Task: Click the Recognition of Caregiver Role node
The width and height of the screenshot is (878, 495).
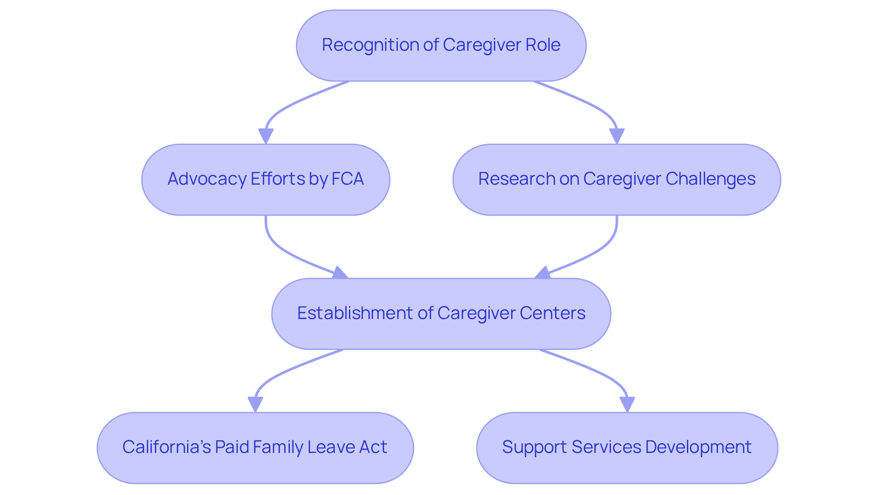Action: pyautogui.click(x=441, y=45)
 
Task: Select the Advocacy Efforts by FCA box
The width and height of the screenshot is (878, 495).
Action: pyautogui.click(x=265, y=179)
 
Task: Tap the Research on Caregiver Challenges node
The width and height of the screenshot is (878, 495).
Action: pyautogui.click(x=616, y=179)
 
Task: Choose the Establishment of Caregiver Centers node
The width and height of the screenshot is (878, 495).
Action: pyautogui.click(x=441, y=314)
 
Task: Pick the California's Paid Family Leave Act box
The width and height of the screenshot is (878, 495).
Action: pyautogui.click(x=255, y=447)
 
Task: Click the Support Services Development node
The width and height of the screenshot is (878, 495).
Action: pyautogui.click(x=626, y=447)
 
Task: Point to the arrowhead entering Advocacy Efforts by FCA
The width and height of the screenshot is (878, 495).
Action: pyautogui.click(x=266, y=136)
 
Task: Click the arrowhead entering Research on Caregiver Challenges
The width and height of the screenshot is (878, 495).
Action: pyautogui.click(x=617, y=136)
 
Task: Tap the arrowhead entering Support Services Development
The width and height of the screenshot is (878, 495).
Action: pyautogui.click(x=627, y=404)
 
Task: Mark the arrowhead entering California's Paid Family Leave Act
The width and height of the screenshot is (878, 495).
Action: pyautogui.click(x=255, y=404)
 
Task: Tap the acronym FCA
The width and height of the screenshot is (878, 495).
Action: pyautogui.click(x=347, y=179)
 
